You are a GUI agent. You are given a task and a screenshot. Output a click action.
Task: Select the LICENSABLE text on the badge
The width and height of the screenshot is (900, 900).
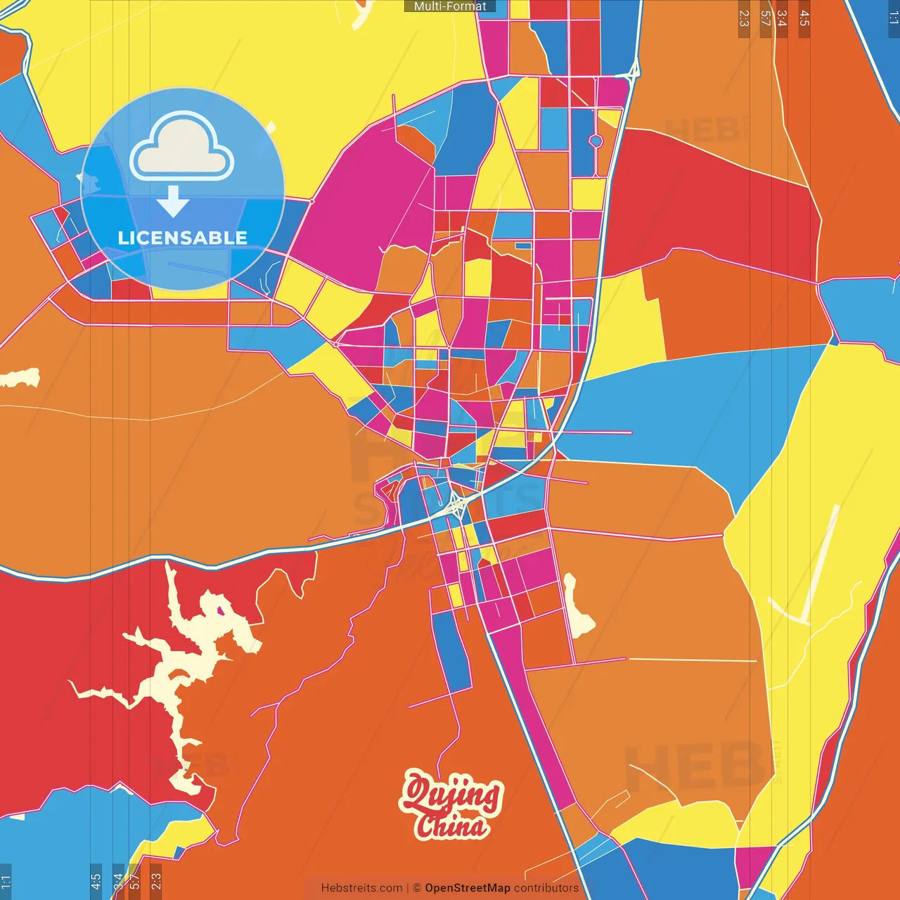182,238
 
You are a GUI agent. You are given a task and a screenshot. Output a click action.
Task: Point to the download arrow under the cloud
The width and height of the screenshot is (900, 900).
172,201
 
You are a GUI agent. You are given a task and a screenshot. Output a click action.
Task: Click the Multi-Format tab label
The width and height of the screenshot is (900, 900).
450,6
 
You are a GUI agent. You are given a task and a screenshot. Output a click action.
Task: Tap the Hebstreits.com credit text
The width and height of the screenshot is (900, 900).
361,888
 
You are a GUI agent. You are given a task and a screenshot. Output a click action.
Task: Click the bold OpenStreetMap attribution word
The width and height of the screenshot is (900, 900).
467,888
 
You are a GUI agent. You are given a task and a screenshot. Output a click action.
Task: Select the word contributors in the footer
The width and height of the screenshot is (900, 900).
546,888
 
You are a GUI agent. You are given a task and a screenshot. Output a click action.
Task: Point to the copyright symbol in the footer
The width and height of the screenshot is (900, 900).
416,888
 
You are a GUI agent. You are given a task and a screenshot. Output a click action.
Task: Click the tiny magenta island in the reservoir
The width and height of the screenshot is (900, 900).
221,611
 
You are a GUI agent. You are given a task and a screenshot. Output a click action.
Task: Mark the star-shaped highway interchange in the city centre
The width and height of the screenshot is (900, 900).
456,503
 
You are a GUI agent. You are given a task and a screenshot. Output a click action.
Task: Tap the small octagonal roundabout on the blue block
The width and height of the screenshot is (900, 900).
596,141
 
